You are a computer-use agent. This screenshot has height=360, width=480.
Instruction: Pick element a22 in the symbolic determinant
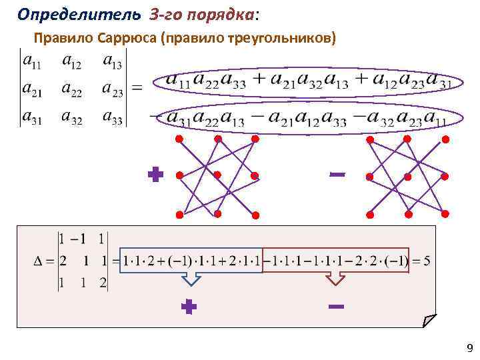[x=71, y=89]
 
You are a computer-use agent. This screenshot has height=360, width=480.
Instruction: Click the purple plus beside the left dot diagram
[x=155, y=175]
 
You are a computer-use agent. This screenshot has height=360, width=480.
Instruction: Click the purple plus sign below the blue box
[x=189, y=307]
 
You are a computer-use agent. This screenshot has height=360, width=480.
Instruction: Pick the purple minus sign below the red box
[x=336, y=307]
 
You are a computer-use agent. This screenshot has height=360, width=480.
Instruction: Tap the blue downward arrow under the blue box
[x=191, y=278]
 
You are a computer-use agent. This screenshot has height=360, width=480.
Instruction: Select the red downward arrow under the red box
[x=335, y=278]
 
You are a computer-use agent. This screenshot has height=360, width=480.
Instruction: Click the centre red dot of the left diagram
[x=217, y=176]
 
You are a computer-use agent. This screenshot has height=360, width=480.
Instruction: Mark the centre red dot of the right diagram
[x=407, y=176]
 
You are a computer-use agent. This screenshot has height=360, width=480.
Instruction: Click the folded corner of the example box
[x=429, y=321]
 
